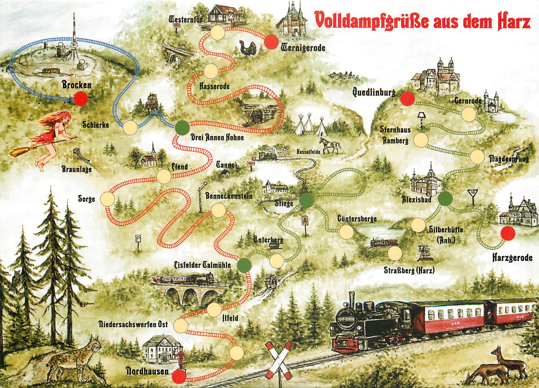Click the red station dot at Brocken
click(x=81, y=99)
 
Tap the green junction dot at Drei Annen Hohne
click(x=182, y=128)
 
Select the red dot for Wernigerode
click(x=272, y=42)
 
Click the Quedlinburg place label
click(x=374, y=92)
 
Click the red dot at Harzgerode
click(x=508, y=233)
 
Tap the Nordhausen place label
click(x=148, y=371)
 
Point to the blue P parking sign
click(x=138, y=239)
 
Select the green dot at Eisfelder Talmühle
click(x=244, y=265)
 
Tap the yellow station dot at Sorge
click(x=108, y=199)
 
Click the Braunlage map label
click(x=76, y=169)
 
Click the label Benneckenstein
click(x=229, y=196)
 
